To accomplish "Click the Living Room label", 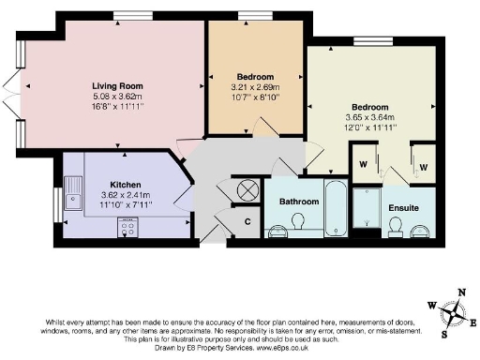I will click(x=116, y=85).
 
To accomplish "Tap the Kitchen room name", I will click(x=125, y=185).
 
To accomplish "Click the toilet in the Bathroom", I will click(x=297, y=221).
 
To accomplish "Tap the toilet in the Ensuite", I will click(x=397, y=226).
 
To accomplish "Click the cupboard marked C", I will click(x=247, y=221).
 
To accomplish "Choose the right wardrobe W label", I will click(x=424, y=167).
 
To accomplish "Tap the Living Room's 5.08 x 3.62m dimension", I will click(x=116, y=96).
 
